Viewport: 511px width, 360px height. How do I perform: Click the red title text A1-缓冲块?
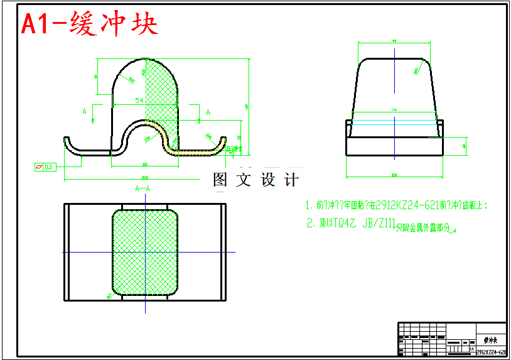tap(89, 25)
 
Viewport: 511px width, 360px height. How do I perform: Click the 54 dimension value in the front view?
tap(139, 101)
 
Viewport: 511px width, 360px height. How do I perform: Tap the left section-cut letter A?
tap(85, 111)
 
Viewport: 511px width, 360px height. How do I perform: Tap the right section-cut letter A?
tap(208, 111)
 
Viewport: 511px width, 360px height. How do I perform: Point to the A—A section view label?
tap(143, 188)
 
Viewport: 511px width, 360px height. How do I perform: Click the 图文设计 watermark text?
tap(255, 180)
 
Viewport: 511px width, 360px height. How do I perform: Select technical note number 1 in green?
tap(309, 205)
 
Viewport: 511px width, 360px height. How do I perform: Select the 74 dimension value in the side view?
tap(394, 110)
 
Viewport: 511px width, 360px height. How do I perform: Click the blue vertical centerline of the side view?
tap(394, 88)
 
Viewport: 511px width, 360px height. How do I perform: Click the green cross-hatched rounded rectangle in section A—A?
tap(145, 251)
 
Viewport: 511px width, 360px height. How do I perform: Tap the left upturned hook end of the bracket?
tap(68, 143)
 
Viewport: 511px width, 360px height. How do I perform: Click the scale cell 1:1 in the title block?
tap(472, 347)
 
